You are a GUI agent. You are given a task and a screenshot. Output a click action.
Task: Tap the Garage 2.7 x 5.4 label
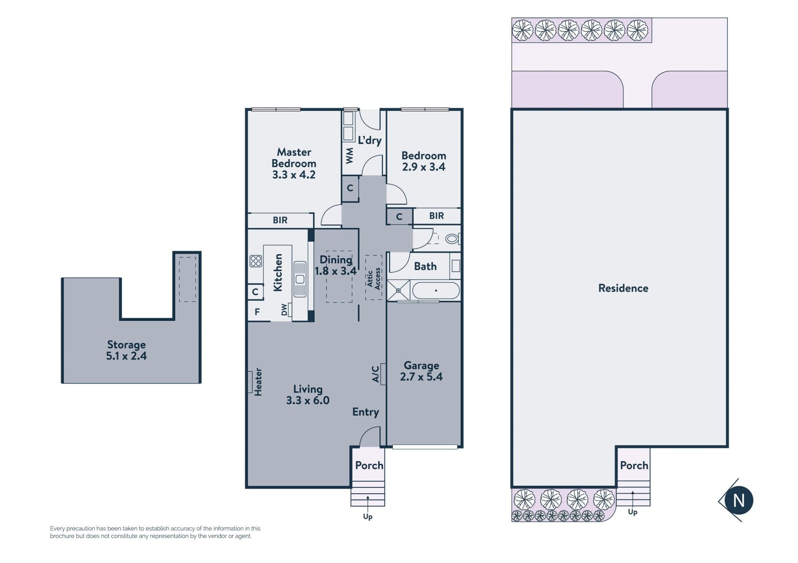click(x=421, y=371)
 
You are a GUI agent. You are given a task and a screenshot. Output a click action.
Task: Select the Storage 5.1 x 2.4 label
click(x=126, y=350)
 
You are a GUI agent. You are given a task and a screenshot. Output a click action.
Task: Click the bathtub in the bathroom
click(x=436, y=291)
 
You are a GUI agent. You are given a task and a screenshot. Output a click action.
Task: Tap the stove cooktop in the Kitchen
click(x=256, y=261)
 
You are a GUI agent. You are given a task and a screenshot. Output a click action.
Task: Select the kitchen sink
click(x=300, y=279)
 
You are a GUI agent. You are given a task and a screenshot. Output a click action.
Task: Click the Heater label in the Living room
click(x=258, y=382)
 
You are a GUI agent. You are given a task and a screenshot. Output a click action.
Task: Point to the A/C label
click(x=375, y=374)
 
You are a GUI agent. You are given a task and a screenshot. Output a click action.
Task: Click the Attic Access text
click(x=374, y=278)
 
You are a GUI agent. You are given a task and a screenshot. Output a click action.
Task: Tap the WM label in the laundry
click(x=350, y=156)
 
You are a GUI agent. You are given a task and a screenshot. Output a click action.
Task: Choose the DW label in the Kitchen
click(x=284, y=310)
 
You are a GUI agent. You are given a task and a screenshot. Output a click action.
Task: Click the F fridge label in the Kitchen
click(x=257, y=312)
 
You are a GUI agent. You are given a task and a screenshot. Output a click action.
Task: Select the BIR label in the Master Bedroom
click(x=280, y=220)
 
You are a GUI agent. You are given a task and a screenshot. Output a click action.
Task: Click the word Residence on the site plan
click(x=623, y=288)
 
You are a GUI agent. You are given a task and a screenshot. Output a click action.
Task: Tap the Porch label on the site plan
click(x=634, y=465)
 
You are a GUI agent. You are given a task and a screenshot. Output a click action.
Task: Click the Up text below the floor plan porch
click(x=368, y=516)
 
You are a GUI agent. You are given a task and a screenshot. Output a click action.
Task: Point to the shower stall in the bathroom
click(x=398, y=290)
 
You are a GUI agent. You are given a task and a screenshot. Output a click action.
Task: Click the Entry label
click(x=366, y=412)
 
